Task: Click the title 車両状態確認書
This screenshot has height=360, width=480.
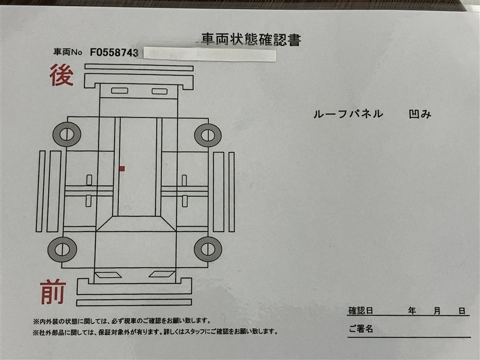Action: (251, 40)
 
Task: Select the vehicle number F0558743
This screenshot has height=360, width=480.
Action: (114, 52)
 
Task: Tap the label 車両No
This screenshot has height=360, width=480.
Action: (68, 52)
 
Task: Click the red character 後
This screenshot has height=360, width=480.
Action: (62, 75)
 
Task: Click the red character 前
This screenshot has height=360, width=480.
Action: (53, 292)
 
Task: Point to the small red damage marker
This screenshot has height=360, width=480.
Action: (122, 169)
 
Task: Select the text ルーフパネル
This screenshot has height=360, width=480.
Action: (348, 114)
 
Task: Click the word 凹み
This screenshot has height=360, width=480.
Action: (420, 114)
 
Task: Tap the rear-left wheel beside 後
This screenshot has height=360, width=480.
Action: (67, 134)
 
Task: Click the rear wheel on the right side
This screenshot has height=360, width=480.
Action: (208, 135)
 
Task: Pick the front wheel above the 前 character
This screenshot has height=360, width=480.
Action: (62, 250)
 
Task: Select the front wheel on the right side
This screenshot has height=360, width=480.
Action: (208, 249)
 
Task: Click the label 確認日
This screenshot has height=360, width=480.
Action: (361, 311)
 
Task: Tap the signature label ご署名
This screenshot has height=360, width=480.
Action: (361, 329)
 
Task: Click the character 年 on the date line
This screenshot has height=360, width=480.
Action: (412, 311)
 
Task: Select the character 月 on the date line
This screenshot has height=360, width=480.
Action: (437, 311)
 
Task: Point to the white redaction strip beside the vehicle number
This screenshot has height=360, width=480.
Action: (209, 54)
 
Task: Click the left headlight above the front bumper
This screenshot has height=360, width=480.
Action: (108, 275)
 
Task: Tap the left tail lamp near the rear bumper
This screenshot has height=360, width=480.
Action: (119, 91)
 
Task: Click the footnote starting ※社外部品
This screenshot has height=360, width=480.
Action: (155, 332)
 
